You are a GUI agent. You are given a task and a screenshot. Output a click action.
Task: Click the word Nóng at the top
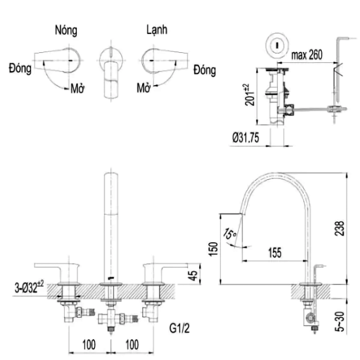[66, 31]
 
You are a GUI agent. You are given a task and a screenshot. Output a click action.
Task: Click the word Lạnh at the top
[157, 30]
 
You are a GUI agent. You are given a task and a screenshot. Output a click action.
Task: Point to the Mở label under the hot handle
[77, 88]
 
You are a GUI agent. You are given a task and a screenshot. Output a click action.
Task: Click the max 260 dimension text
[307, 55]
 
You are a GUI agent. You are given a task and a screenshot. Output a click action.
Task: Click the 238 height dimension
[340, 228]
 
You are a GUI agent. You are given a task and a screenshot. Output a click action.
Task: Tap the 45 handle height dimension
[193, 275]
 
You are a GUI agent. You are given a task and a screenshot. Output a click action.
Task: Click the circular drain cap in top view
[276, 45]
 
